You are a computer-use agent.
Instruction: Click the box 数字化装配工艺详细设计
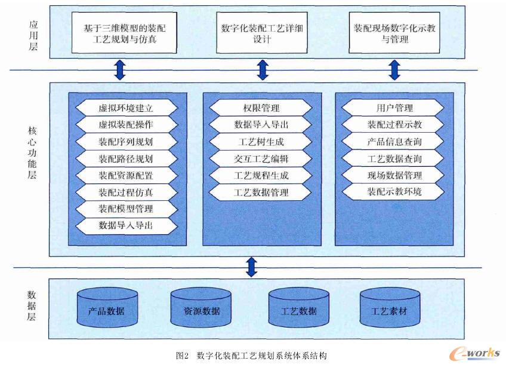pos(262,33)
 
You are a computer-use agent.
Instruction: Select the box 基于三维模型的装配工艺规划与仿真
pos(124,33)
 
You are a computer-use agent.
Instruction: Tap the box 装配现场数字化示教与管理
pos(394,33)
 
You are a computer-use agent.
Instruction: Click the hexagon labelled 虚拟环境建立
pos(126,108)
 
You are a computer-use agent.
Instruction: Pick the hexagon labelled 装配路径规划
pos(126,158)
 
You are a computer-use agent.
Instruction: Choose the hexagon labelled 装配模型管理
pos(126,209)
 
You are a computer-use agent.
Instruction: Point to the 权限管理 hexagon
pos(261,108)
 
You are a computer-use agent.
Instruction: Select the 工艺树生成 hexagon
pos(261,142)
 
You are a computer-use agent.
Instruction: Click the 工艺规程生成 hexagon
pos(261,175)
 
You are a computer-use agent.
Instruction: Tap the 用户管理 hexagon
pos(393,108)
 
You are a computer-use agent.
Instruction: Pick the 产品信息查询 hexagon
pos(393,142)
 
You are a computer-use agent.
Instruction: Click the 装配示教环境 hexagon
pos(393,192)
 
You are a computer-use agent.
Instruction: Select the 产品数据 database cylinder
pos(107,307)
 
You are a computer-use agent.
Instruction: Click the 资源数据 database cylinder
pos(201,307)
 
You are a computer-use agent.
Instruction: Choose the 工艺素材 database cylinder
pos(390,307)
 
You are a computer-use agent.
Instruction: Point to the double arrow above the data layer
pos(252,267)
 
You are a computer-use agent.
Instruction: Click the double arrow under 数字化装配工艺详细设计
pos(263,70)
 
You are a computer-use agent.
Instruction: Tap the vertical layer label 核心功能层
pos(32,152)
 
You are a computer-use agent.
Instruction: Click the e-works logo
pos(474,353)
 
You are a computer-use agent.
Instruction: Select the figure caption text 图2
pos(183,356)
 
